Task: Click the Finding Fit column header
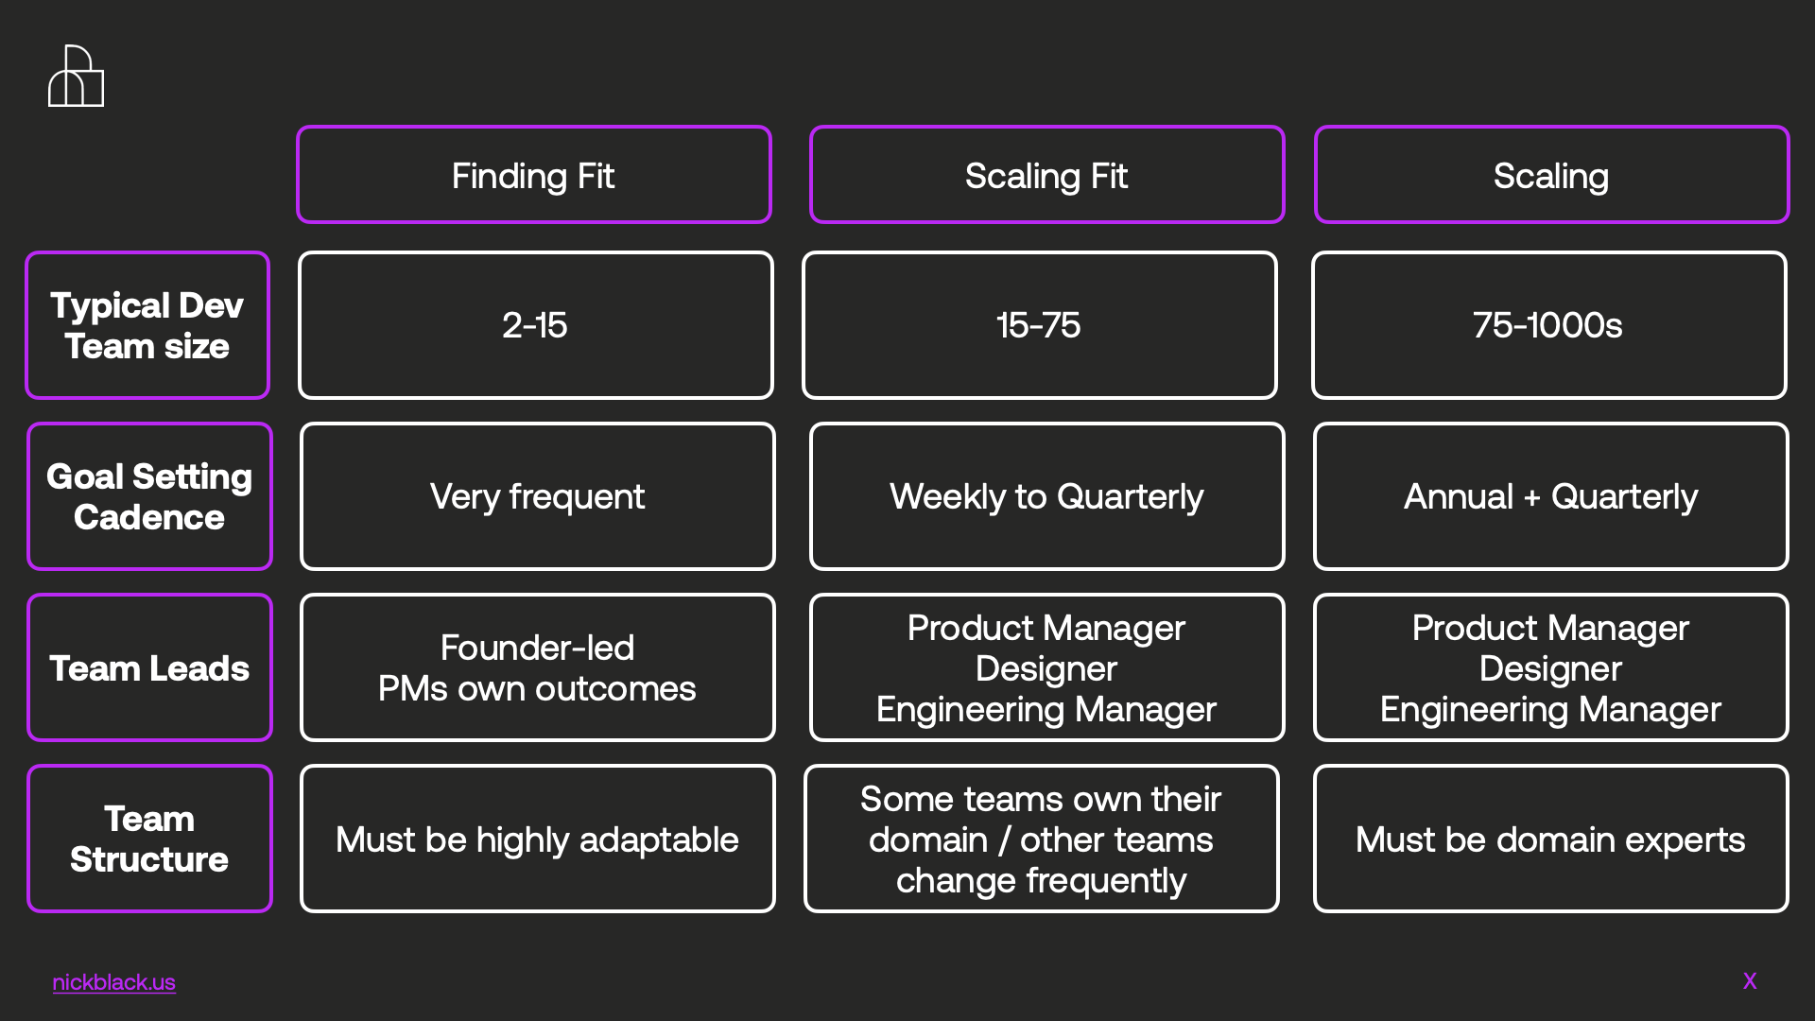click(534, 175)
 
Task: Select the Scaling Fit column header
click(1046, 175)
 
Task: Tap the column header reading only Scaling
click(1551, 175)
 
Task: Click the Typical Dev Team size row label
click(147, 325)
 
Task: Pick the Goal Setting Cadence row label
click(149, 496)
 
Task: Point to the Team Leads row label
click(149, 667)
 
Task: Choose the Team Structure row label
click(149, 839)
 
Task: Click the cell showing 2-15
click(536, 325)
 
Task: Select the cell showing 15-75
click(1040, 325)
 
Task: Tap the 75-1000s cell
click(1549, 325)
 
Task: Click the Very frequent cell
click(538, 496)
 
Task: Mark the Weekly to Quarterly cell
click(1047, 496)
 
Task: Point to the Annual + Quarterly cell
click(1551, 496)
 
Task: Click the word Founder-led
click(537, 648)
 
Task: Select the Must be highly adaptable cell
click(538, 839)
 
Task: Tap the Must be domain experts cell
click(1551, 839)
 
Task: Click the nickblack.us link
click(113, 982)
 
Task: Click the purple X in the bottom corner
click(1750, 981)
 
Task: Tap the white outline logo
click(76, 76)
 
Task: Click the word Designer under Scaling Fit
click(1046, 668)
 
